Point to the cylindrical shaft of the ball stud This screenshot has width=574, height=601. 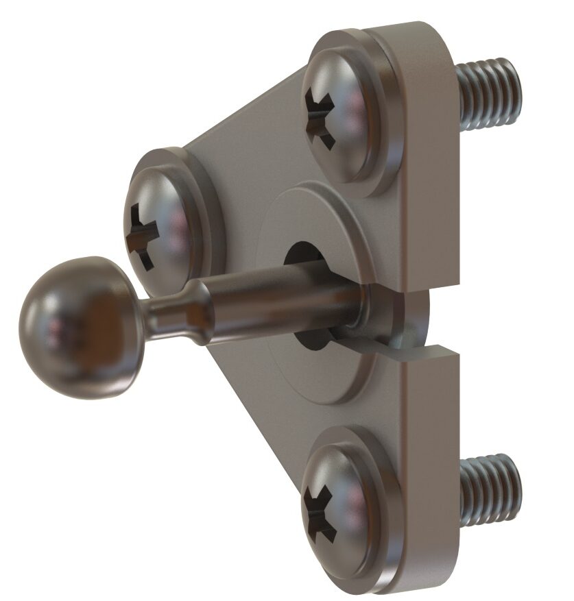pyautogui.click(x=288, y=302)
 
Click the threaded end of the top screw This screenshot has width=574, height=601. pyautogui.click(x=488, y=93)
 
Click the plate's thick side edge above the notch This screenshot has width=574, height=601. pyautogui.click(x=432, y=206)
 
